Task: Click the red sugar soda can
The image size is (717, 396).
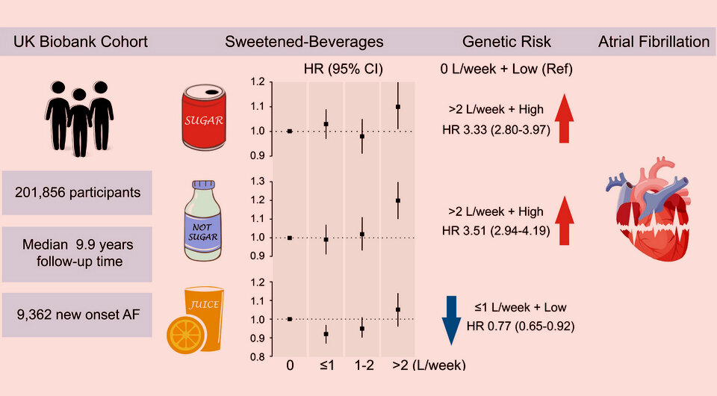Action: (204, 118)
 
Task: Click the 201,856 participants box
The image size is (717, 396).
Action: (78, 193)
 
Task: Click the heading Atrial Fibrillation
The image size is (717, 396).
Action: (654, 42)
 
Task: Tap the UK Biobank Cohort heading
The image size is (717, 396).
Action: (81, 42)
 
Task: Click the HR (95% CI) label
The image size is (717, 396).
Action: (343, 69)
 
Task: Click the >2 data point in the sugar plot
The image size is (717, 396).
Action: (398, 107)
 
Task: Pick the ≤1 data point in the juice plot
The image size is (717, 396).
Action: (326, 334)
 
